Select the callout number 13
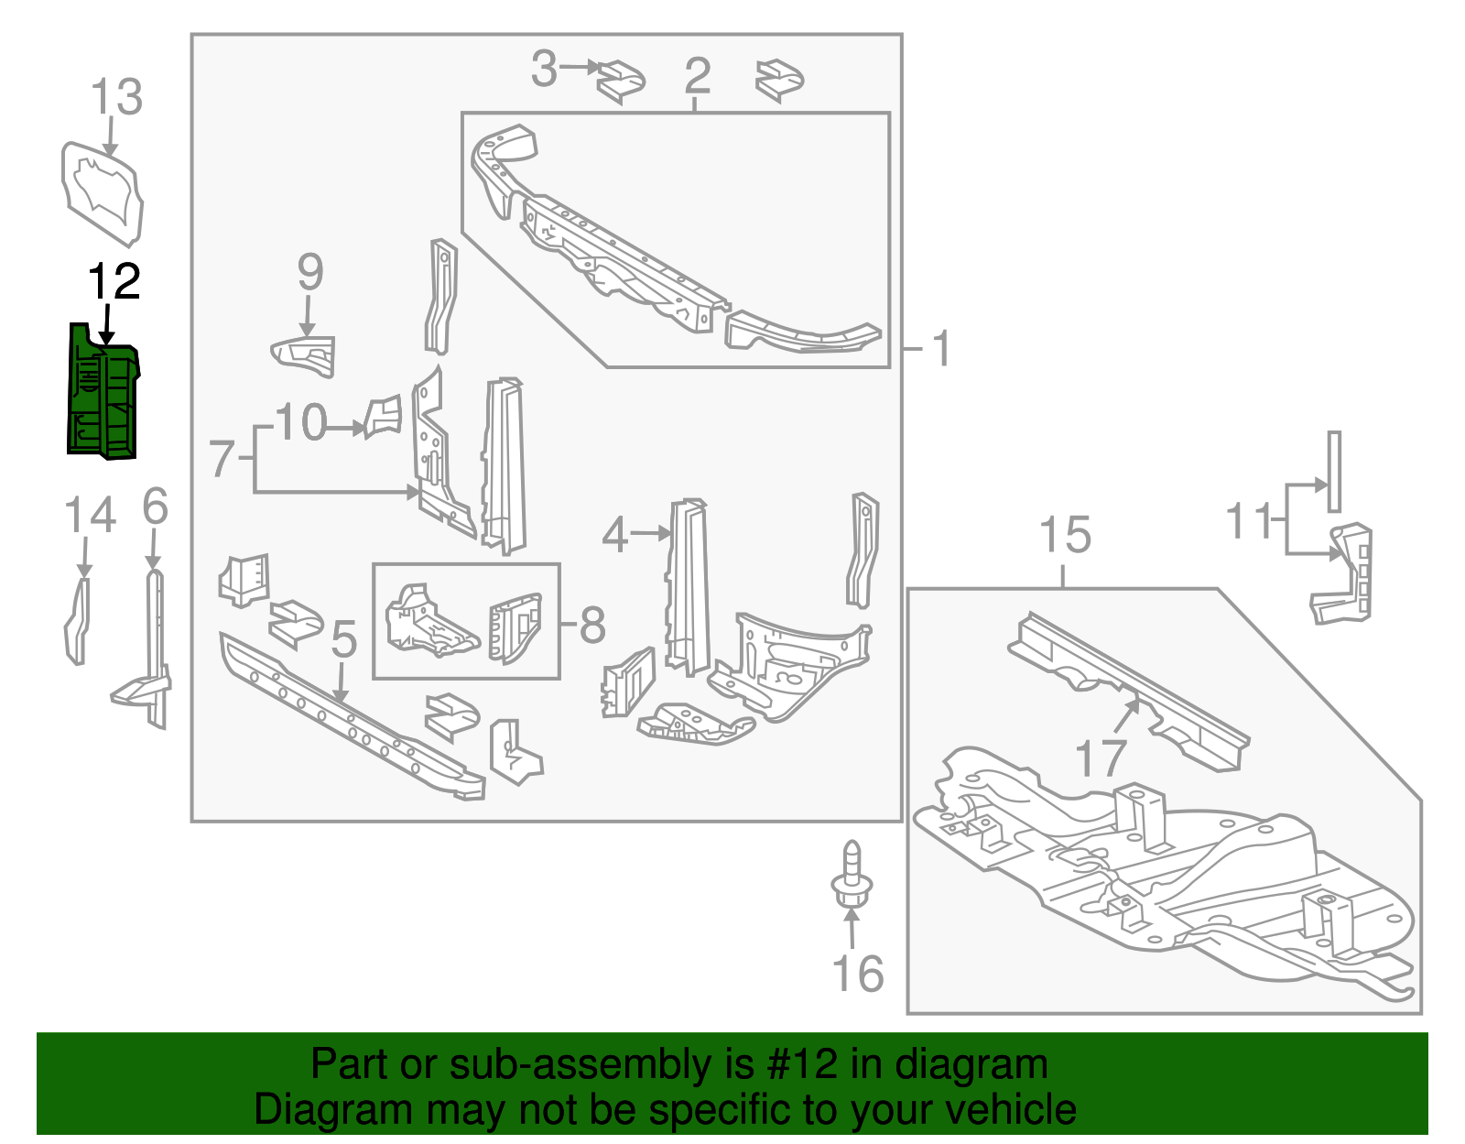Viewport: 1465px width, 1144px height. click(x=117, y=97)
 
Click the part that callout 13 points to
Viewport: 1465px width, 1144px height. click(x=103, y=193)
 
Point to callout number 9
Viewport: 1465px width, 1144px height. click(x=310, y=272)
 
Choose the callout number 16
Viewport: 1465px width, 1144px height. click(x=858, y=974)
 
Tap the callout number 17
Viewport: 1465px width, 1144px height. click(x=1100, y=758)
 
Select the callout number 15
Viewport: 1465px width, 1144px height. click(x=1065, y=535)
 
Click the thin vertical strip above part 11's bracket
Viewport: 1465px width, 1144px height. click(x=1334, y=472)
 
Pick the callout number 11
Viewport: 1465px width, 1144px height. click(x=1250, y=521)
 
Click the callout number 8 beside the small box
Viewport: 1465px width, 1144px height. click(x=592, y=626)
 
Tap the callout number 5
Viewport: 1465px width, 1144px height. click(x=343, y=639)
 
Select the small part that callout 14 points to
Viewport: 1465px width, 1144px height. click(x=78, y=620)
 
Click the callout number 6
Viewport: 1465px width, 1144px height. click(x=155, y=506)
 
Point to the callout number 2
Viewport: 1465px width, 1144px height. click(x=697, y=75)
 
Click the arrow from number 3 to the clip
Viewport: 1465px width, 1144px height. click(x=581, y=67)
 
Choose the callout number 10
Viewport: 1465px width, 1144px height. click(x=301, y=422)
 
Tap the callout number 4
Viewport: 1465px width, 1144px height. click(x=614, y=534)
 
